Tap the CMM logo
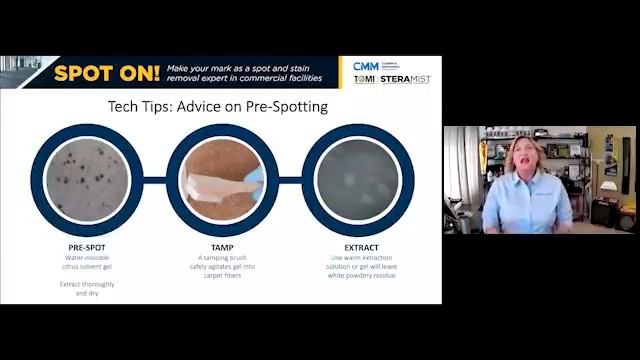(366, 66)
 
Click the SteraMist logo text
(405, 80)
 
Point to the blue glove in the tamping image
(255, 177)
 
